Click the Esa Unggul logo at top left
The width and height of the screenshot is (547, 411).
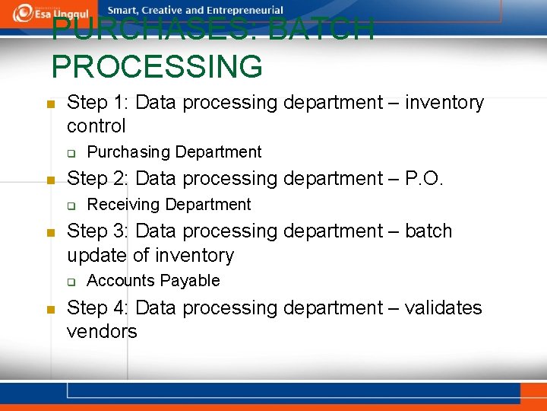click(x=50, y=12)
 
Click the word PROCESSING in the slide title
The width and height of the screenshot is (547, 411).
click(x=157, y=66)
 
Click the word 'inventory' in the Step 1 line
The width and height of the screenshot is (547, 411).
click(x=444, y=102)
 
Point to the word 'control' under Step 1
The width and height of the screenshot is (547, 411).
click(x=96, y=126)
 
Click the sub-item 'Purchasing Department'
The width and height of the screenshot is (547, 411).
click(x=174, y=152)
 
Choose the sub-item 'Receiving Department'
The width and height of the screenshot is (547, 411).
click(x=169, y=205)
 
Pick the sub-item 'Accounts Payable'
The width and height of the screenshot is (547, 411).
click(x=153, y=281)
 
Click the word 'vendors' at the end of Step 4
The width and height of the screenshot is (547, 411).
click(x=102, y=331)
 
